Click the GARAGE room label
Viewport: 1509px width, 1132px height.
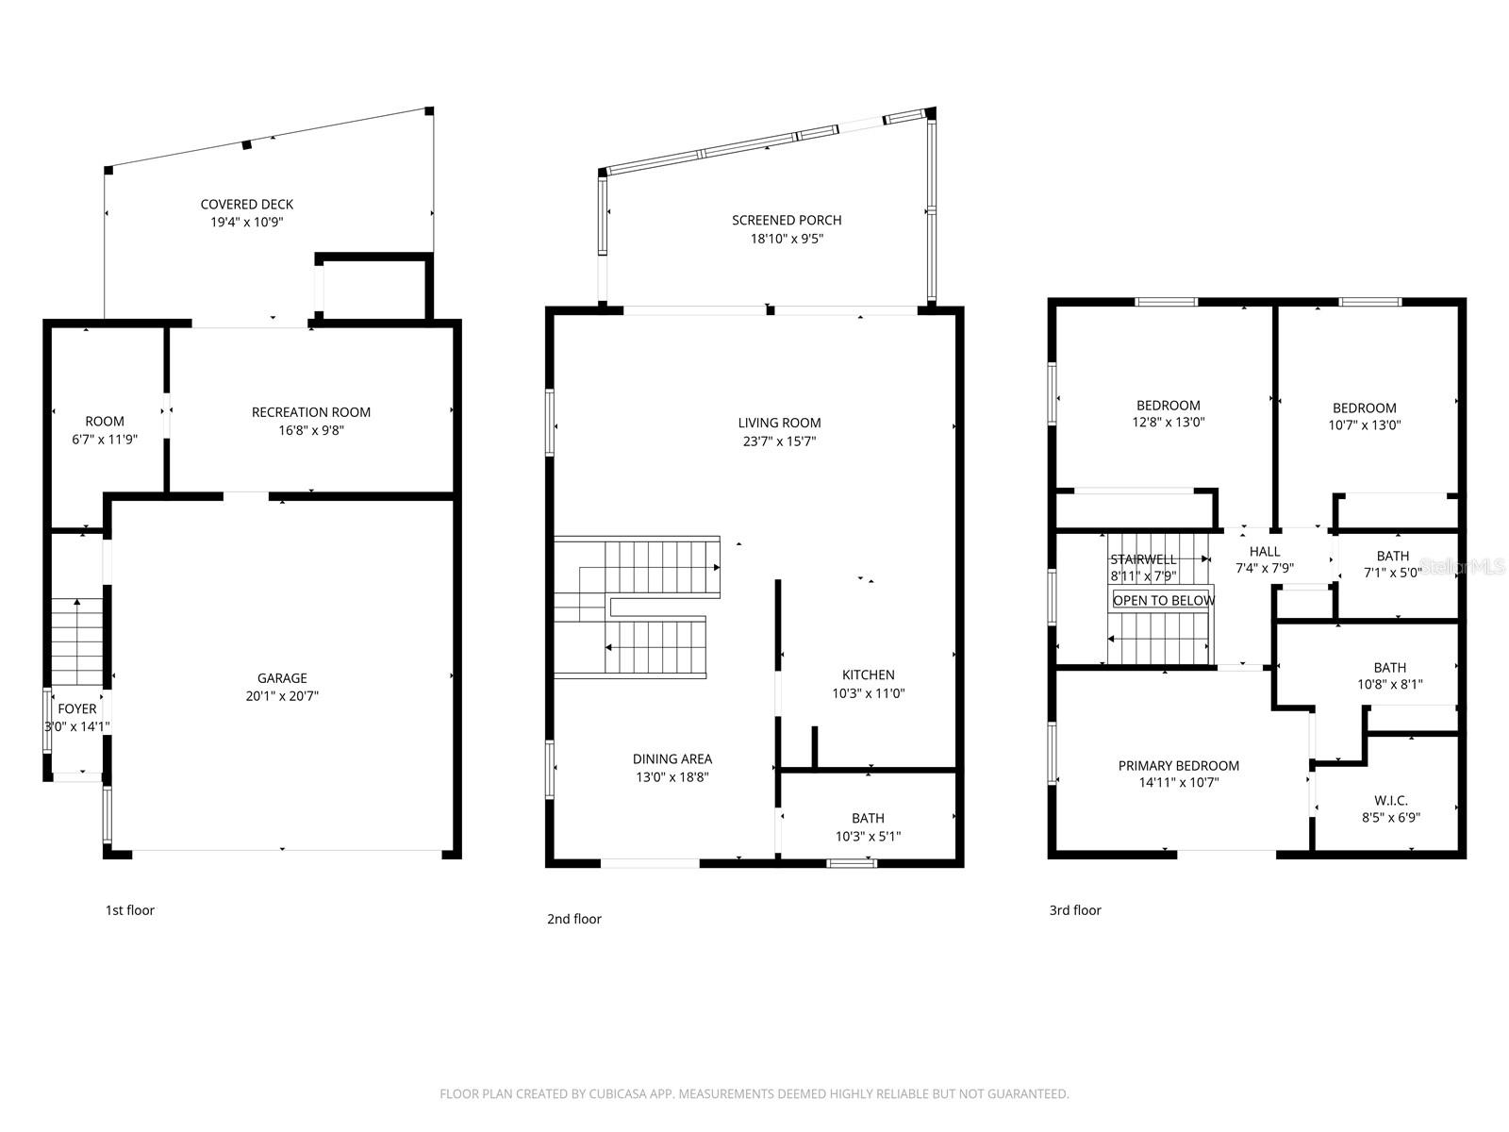[282, 678]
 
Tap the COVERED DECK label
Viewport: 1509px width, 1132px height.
[246, 204]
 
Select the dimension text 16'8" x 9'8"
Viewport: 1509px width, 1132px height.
[310, 430]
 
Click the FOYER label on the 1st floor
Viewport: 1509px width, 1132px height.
[77, 708]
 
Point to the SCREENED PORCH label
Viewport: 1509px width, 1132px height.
[787, 220]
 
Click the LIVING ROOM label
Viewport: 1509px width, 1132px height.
[779, 423]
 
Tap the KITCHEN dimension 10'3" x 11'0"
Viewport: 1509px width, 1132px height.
[869, 693]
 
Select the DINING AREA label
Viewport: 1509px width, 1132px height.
[672, 758]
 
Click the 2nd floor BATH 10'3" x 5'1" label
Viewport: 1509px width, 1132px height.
[868, 818]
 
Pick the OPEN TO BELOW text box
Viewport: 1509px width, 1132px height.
[1164, 600]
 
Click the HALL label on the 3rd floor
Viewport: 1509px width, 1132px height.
[1265, 551]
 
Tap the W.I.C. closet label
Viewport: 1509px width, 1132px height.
[1391, 800]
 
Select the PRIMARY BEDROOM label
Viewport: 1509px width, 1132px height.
[1178, 765]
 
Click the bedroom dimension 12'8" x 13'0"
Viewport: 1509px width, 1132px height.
[1169, 423]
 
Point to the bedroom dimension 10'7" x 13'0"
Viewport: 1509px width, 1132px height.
[1364, 424]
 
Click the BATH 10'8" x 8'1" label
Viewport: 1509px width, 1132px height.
[1390, 667]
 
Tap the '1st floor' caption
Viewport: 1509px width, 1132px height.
[129, 910]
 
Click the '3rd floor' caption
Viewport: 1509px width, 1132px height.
[1075, 910]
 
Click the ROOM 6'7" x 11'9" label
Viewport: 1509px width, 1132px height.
[105, 421]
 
